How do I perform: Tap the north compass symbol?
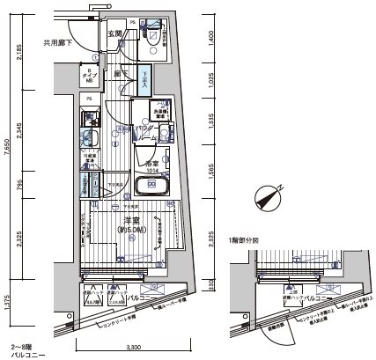265,197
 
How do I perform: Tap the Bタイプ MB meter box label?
90,77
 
